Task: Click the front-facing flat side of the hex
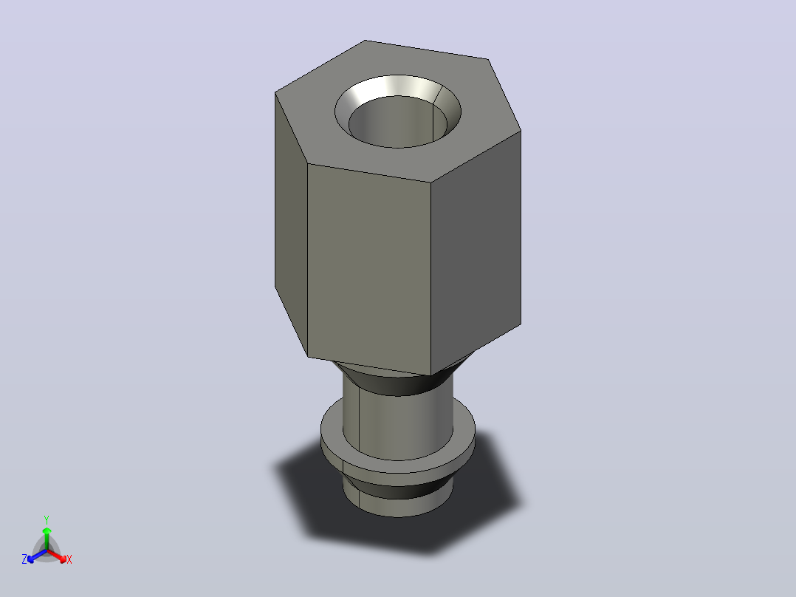pyautogui.click(x=369, y=269)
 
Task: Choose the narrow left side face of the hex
pyautogui.click(x=291, y=224)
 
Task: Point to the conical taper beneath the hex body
pyautogui.click(x=401, y=383)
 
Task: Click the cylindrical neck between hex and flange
pyautogui.click(x=398, y=422)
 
